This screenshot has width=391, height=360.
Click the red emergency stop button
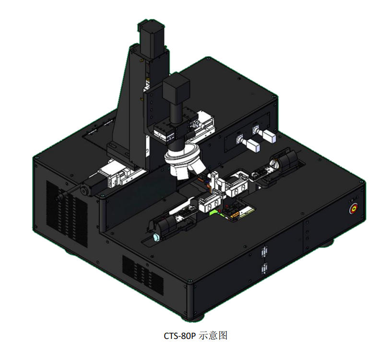pos(354,209)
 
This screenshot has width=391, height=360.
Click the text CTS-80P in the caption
pos(179,336)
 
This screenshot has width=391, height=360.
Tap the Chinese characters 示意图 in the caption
pos(213,336)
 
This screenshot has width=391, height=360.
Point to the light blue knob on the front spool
pos(156,238)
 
